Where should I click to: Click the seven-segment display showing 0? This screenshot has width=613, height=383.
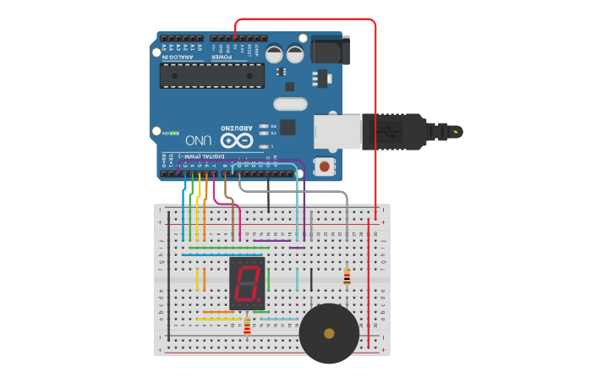pyautogui.click(x=247, y=283)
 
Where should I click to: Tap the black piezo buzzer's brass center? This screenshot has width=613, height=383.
pyautogui.click(x=329, y=333)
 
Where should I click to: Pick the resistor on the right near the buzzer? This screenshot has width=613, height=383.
pyautogui.click(x=347, y=276)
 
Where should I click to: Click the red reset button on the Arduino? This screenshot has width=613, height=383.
pyautogui.click(x=324, y=167)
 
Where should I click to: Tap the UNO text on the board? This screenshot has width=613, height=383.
pyautogui.click(x=198, y=140)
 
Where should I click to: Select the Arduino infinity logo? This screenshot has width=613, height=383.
pyautogui.click(x=237, y=139)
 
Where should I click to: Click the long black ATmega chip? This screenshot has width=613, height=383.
pyautogui.click(x=211, y=75)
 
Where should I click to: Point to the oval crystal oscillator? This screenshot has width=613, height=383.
pyautogui.click(x=290, y=104)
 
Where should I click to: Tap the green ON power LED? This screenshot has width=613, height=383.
pyautogui.click(x=167, y=133)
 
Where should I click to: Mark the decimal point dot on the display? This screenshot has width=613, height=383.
pyautogui.click(x=260, y=301)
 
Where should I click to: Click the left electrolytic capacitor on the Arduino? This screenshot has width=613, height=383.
pyautogui.click(x=275, y=54)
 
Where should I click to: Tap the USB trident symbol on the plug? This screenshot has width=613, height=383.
pyautogui.click(x=391, y=131)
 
